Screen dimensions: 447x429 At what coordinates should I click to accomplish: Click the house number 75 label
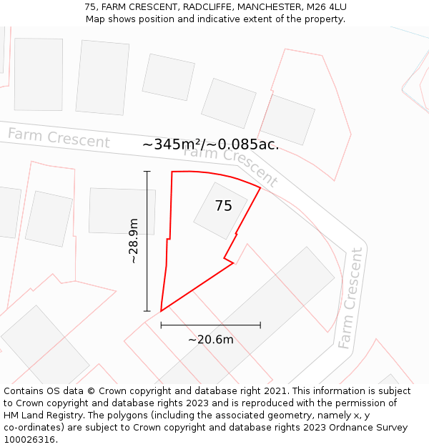[x=223, y=206]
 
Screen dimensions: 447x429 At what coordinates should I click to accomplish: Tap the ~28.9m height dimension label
[x=134, y=241]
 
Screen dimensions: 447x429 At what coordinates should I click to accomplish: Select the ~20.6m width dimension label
[x=210, y=340]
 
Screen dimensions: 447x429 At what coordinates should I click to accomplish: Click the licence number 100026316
[x=31, y=440]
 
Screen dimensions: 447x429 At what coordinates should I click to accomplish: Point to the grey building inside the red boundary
[x=220, y=210]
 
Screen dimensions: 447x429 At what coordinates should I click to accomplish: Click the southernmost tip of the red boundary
[x=161, y=311]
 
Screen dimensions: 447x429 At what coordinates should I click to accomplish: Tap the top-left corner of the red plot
[x=172, y=172]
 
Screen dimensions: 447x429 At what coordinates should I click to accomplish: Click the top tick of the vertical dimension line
[x=147, y=172]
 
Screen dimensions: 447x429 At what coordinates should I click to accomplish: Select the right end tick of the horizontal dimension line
[x=260, y=325]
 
